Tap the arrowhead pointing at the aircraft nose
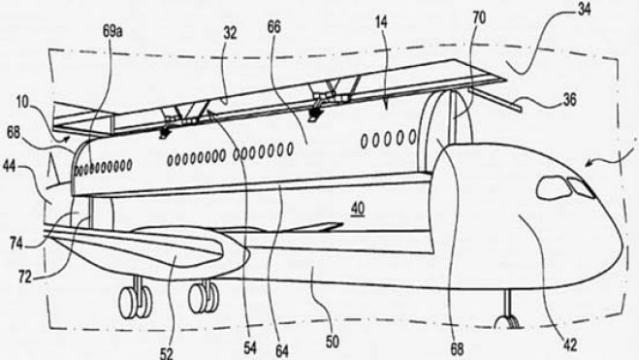(581, 162)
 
